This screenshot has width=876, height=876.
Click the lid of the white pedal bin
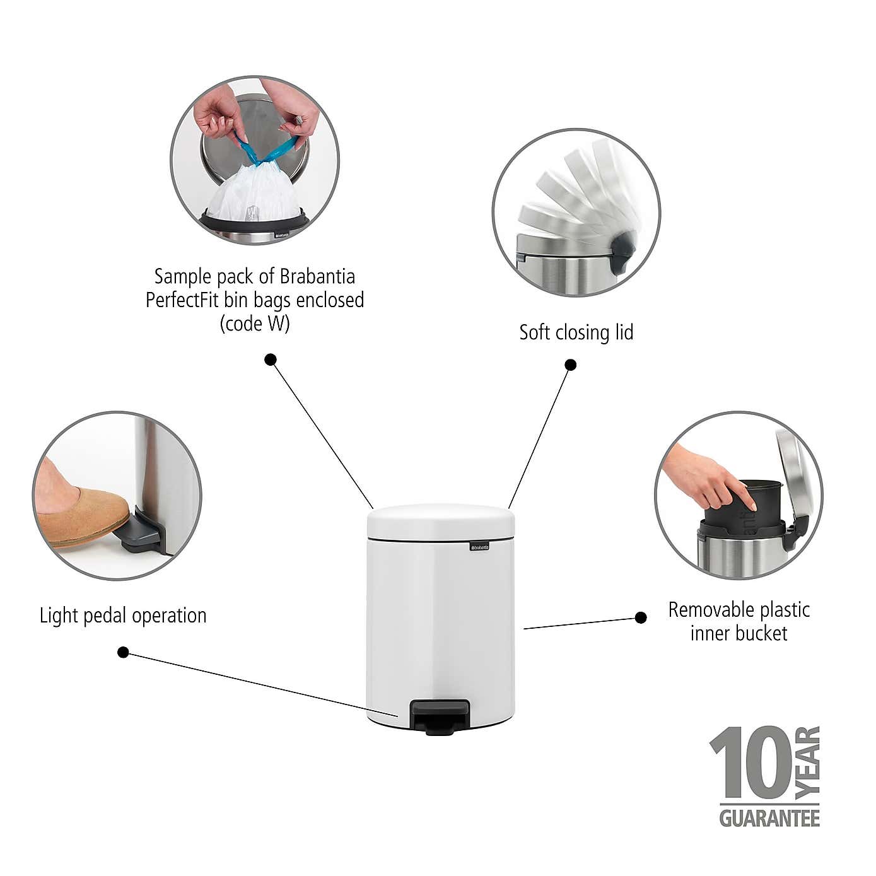pos(440,522)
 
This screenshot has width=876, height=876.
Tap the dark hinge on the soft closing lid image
pos(622,250)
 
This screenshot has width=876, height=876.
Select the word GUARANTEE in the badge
pos(769,818)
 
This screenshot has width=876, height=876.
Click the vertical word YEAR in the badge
pos(808,762)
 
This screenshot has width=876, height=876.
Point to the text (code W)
pos(255,324)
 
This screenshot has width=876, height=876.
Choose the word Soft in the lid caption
pos(533,332)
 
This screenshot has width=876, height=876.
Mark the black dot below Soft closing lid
pos(570,365)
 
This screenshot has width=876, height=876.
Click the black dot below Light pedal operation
pos(123,652)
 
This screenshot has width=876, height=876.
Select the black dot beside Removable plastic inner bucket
pos(641,617)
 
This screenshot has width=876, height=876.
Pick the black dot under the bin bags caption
pos(271,359)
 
